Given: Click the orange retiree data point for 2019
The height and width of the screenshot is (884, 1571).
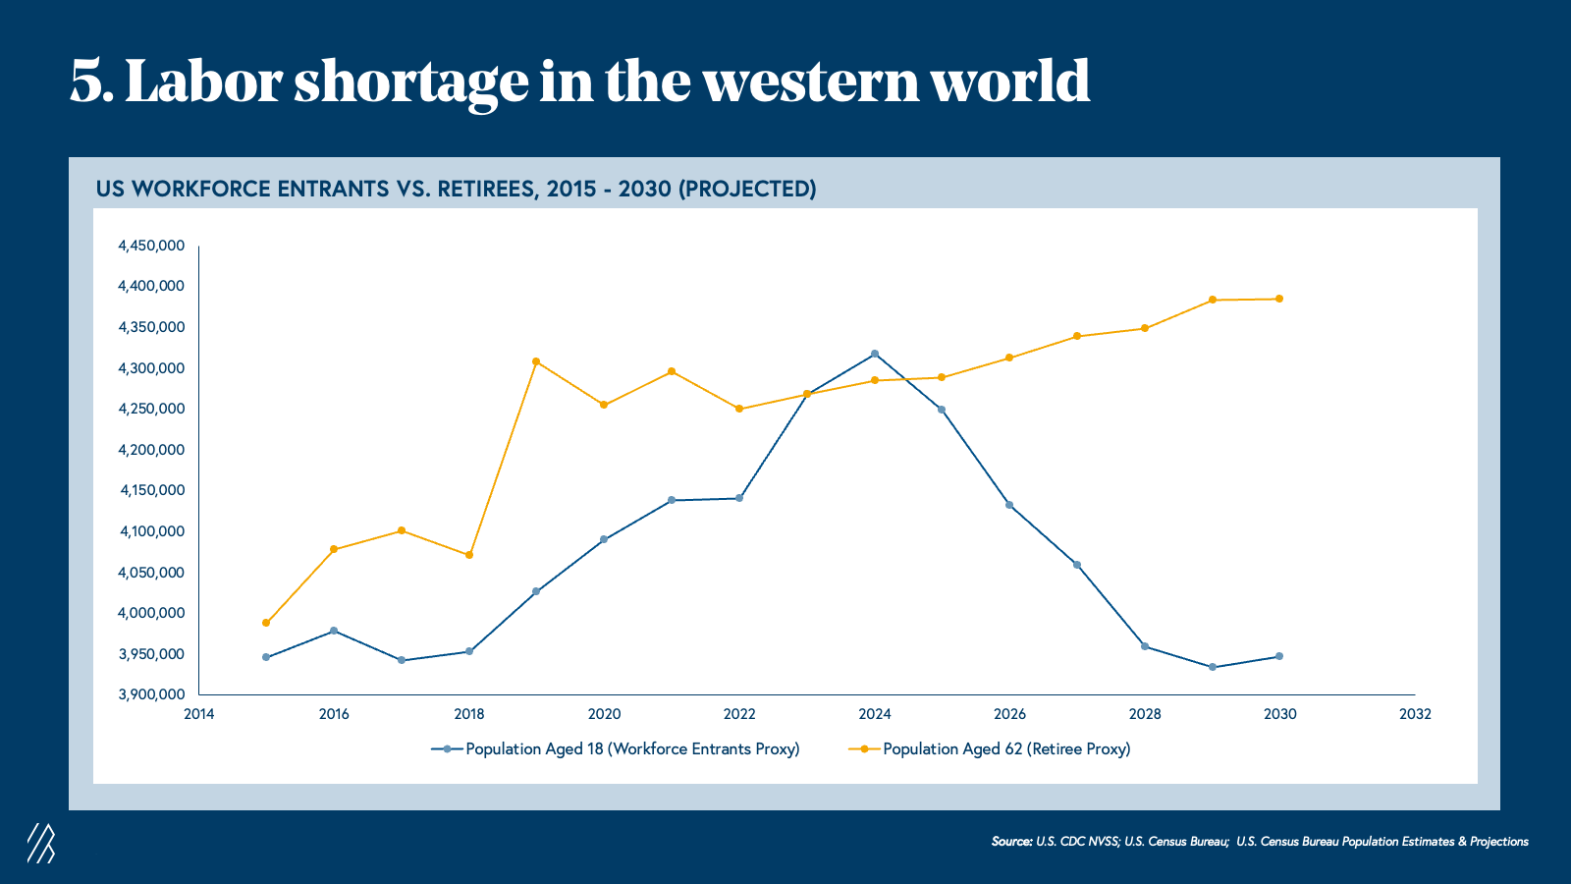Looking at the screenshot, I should [x=536, y=361].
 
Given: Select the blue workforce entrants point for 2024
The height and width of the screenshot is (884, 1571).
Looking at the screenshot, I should [x=875, y=354].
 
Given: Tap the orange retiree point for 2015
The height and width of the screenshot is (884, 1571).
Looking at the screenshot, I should [x=266, y=623].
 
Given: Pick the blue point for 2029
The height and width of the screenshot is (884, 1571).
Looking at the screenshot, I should [x=1213, y=667].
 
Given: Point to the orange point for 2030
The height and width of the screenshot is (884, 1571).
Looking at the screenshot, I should [x=1279, y=299].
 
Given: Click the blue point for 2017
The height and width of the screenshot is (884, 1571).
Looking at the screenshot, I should [x=402, y=660].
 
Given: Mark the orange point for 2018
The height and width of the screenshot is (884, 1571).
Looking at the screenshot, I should [x=469, y=555].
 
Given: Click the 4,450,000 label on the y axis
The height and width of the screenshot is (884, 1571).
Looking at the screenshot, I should [x=151, y=246].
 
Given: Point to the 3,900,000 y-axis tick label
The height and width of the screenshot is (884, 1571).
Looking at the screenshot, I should [x=151, y=694].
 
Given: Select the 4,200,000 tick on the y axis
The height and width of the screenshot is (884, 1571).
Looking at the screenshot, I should [x=151, y=450].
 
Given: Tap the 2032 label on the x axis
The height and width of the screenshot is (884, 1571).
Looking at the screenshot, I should [x=1415, y=714].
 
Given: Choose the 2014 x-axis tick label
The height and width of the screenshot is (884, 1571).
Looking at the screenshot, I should [x=199, y=714].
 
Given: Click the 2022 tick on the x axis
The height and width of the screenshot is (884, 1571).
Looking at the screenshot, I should [x=739, y=714].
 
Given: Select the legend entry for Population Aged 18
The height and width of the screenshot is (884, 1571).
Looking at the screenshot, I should [x=616, y=749].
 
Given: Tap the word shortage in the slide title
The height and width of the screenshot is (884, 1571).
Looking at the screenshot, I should [x=411, y=82].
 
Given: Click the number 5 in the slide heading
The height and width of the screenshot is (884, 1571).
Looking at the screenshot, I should [x=86, y=82].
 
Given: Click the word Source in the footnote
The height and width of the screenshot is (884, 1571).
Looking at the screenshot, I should [x=1011, y=842].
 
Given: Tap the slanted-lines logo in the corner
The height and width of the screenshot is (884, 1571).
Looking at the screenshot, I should [x=40, y=843].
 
